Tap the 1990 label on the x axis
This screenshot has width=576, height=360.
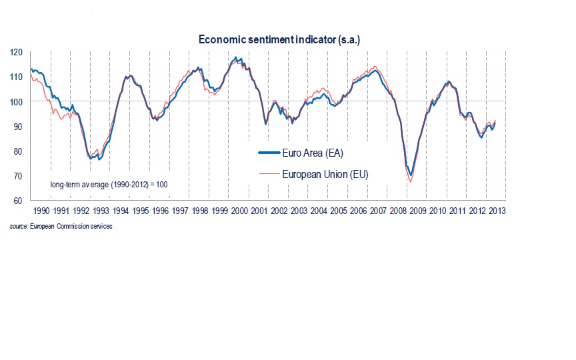tap(41, 211)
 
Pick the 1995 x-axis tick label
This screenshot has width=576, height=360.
tap(140, 211)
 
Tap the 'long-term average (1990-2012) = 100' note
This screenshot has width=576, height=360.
tap(109, 183)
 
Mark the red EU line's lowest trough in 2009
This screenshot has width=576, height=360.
tap(411, 181)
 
